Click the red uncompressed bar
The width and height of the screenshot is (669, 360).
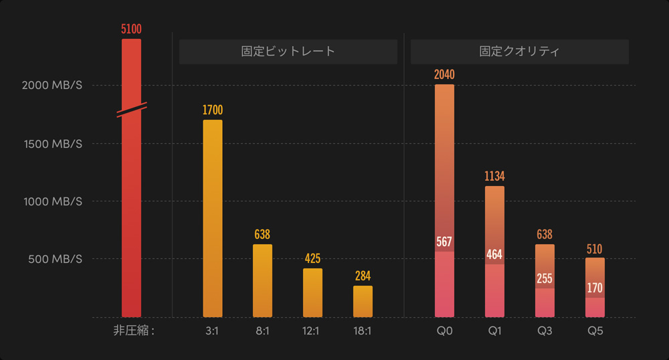pos(131,201)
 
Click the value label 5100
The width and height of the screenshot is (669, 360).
pos(131,29)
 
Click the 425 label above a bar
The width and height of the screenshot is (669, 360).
pos(312,258)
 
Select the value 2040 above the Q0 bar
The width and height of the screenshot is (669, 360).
pos(444,74)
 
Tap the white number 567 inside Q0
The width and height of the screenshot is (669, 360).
pos(444,242)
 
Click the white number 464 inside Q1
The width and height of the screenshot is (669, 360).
pos(494,254)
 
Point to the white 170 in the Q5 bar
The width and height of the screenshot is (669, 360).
pos(595,288)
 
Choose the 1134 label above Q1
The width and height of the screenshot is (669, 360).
pos(494,177)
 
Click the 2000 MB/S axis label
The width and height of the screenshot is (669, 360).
pos(52,86)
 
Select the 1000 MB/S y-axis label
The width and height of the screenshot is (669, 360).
pos(52,201)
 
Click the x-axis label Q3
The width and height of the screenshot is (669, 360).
pos(545,331)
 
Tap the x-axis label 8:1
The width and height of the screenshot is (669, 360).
pos(262,331)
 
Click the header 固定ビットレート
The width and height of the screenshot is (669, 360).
pos(288,52)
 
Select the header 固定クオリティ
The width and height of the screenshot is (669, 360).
pos(519,52)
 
